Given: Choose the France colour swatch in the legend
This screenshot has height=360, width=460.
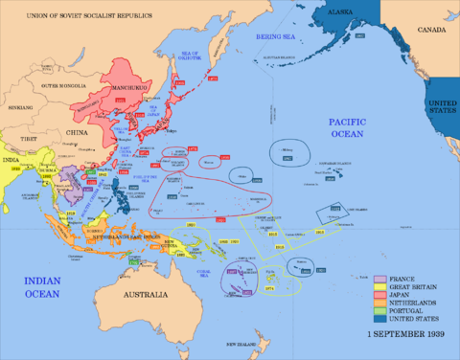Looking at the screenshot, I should coord(379,279).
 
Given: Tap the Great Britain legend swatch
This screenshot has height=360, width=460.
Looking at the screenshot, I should coord(379,287).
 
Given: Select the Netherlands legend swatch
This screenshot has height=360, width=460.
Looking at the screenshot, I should coord(379,305).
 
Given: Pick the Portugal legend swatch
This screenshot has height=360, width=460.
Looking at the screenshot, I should coord(379,315).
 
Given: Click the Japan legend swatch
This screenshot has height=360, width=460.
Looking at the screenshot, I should coord(379,297).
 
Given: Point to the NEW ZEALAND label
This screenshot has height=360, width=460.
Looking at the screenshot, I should coord(242,342).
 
